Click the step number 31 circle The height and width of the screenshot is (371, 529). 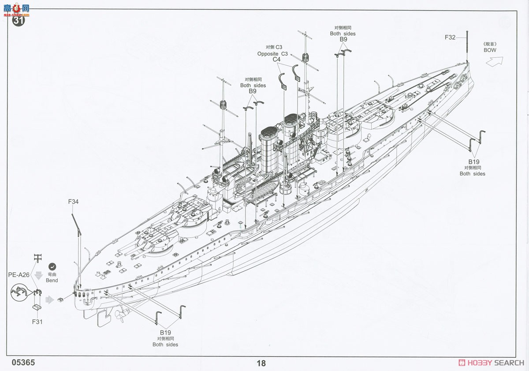(19, 20)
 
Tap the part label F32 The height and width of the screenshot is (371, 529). (450, 37)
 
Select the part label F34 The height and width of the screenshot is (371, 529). (73, 202)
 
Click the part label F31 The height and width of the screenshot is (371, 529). (37, 322)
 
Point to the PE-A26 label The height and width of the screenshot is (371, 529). (19, 275)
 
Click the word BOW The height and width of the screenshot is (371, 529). (490, 50)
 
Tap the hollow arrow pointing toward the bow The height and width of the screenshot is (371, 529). (495, 61)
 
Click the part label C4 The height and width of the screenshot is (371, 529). (276, 59)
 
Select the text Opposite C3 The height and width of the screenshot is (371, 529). (272, 54)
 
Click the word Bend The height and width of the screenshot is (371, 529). (52, 280)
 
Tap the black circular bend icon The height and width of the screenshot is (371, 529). (52, 266)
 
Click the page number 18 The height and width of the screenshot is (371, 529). (261, 363)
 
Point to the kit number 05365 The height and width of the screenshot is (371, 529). (23, 363)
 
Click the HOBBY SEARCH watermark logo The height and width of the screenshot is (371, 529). (491, 363)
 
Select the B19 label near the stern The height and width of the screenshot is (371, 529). (165, 333)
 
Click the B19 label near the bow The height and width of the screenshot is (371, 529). (474, 162)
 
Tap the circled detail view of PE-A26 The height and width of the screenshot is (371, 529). (19, 292)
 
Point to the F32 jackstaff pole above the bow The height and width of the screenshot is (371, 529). (467, 47)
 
